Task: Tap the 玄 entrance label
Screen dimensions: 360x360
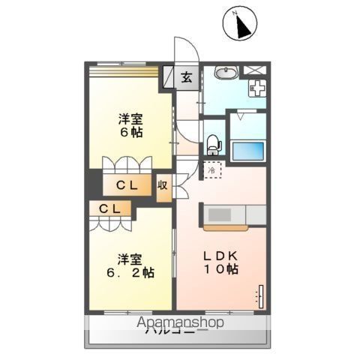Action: pyautogui.click(x=187, y=77)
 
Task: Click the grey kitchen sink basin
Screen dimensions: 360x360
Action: pyautogui.click(x=220, y=214)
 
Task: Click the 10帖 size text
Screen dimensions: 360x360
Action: pyautogui.click(x=223, y=270)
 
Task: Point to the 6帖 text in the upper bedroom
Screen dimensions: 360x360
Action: pyautogui.click(x=131, y=133)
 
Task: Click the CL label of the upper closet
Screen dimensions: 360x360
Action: pyautogui.click(x=125, y=185)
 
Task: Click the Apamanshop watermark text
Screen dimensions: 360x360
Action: pyautogui.click(x=180, y=322)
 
